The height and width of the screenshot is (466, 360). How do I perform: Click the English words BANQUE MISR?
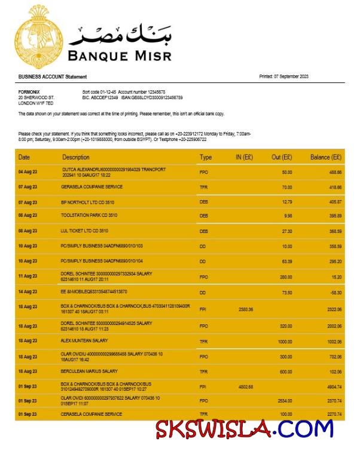(x=120, y=56)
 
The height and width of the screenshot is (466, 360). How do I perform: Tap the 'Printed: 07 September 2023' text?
(x=283, y=76)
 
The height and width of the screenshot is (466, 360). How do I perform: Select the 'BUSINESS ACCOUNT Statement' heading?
(x=53, y=76)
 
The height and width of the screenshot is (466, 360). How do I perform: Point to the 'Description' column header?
(x=76, y=157)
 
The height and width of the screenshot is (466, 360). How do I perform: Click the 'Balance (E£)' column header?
(x=326, y=157)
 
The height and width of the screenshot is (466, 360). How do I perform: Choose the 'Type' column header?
(x=206, y=157)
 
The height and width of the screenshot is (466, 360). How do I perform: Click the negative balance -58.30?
(x=335, y=292)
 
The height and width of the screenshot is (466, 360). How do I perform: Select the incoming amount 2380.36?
(x=246, y=309)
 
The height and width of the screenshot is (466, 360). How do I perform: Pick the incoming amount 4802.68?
(x=246, y=387)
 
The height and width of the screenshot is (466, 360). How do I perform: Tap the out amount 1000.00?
(x=283, y=341)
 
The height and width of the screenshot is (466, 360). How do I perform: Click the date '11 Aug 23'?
(x=28, y=276)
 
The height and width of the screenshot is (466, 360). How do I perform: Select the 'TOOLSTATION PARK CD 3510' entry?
(x=89, y=215)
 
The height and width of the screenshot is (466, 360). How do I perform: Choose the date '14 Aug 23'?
(x=28, y=292)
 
